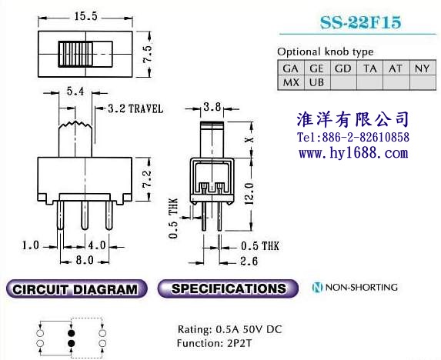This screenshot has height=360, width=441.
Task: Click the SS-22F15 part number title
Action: [x=360, y=22]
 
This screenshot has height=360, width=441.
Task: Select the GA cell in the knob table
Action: [x=291, y=68]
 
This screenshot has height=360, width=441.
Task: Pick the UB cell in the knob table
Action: [x=317, y=82]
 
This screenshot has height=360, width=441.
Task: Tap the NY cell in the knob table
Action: [x=423, y=68]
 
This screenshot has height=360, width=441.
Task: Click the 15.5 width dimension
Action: [x=85, y=17]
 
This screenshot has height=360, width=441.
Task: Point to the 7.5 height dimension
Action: [x=147, y=53]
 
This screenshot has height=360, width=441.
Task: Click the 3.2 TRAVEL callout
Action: [x=135, y=108]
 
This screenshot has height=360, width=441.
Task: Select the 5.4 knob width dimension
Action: [x=75, y=92]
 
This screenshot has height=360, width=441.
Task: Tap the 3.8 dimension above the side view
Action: [x=212, y=107]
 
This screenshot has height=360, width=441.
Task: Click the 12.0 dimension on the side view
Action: [x=249, y=194]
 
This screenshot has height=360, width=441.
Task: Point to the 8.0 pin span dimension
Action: [x=85, y=260]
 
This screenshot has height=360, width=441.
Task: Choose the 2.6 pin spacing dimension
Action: [x=249, y=262]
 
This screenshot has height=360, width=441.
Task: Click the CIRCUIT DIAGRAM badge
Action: [x=76, y=289]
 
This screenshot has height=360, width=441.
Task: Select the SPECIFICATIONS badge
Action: [x=228, y=288]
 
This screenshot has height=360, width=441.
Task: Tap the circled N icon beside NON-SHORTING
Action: [x=317, y=287]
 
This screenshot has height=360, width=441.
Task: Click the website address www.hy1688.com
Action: [x=353, y=153]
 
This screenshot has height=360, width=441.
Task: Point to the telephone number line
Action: [x=353, y=138]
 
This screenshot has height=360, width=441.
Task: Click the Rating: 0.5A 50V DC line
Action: [x=230, y=329]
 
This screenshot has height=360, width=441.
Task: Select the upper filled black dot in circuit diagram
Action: [x=71, y=333]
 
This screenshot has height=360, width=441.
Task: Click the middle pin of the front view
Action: [x=85, y=215]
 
